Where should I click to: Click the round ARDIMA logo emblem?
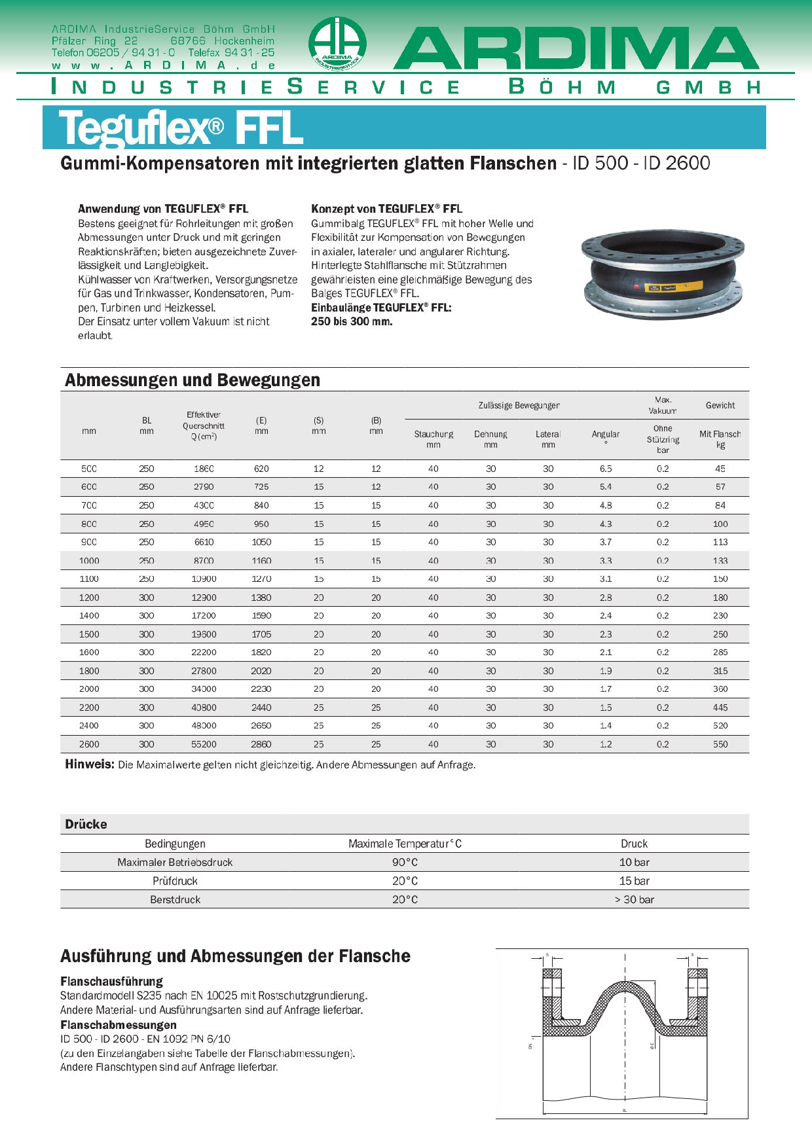point(337,45)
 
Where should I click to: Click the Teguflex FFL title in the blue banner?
point(181,128)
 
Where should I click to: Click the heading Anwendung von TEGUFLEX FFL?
point(163,209)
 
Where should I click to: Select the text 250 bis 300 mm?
point(352,321)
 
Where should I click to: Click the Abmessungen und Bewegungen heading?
point(193,380)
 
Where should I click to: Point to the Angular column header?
point(605,435)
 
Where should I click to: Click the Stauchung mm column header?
point(434,439)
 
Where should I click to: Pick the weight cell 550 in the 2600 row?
point(720,744)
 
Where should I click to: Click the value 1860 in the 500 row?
point(204,469)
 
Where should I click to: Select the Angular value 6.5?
point(606,469)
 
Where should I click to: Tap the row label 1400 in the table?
point(89,616)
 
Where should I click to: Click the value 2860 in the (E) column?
point(261,744)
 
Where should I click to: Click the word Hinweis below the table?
point(90,764)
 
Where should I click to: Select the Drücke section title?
point(86,824)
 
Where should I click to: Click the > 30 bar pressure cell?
point(634,899)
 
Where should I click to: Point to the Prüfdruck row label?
point(175,881)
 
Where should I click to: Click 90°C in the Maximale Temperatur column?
point(405,862)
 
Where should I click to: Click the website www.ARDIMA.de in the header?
point(163,65)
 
